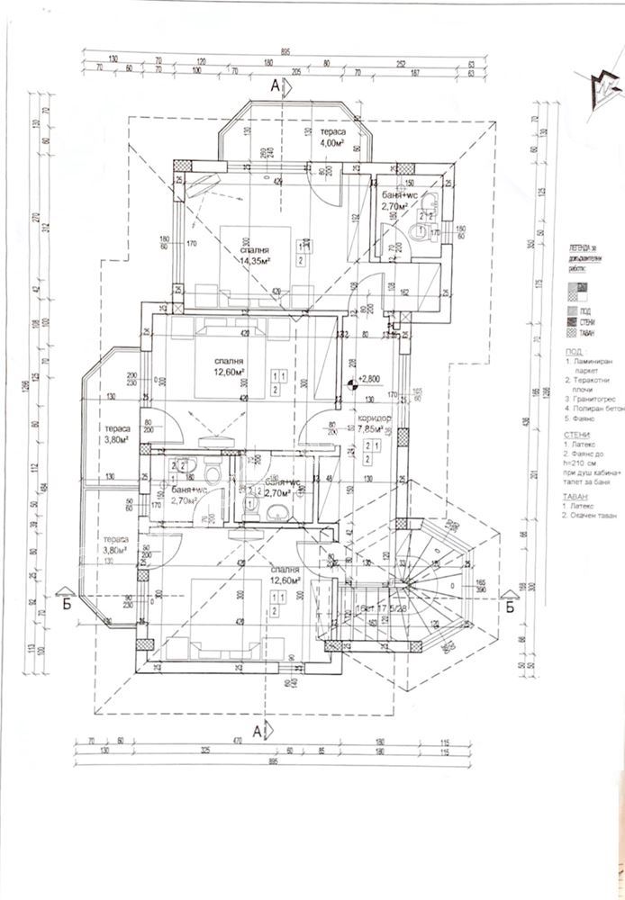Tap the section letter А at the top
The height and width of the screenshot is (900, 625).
pos(276,86)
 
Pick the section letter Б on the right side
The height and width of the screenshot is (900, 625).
pos(509,605)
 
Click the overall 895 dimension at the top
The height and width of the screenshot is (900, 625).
pos(283,50)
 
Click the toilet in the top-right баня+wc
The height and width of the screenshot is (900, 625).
pos(417,233)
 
